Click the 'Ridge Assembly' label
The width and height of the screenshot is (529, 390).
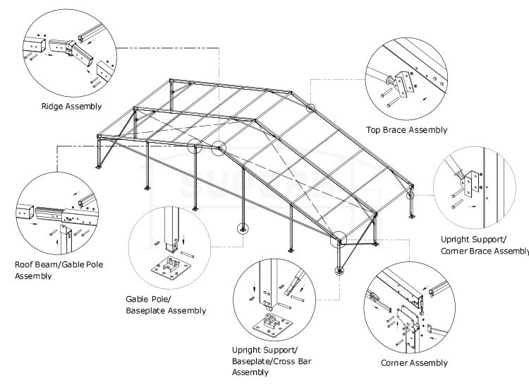tap(71, 107)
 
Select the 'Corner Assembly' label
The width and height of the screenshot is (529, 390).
tap(414, 362)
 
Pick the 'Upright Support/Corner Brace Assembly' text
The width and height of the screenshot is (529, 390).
tap(483, 245)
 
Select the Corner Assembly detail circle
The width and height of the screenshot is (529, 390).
tap(413, 311)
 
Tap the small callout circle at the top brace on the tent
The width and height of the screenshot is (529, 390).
tap(311, 107)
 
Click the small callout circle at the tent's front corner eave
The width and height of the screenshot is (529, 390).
tap(340, 240)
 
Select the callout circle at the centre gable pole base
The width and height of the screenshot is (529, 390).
tap(243, 228)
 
